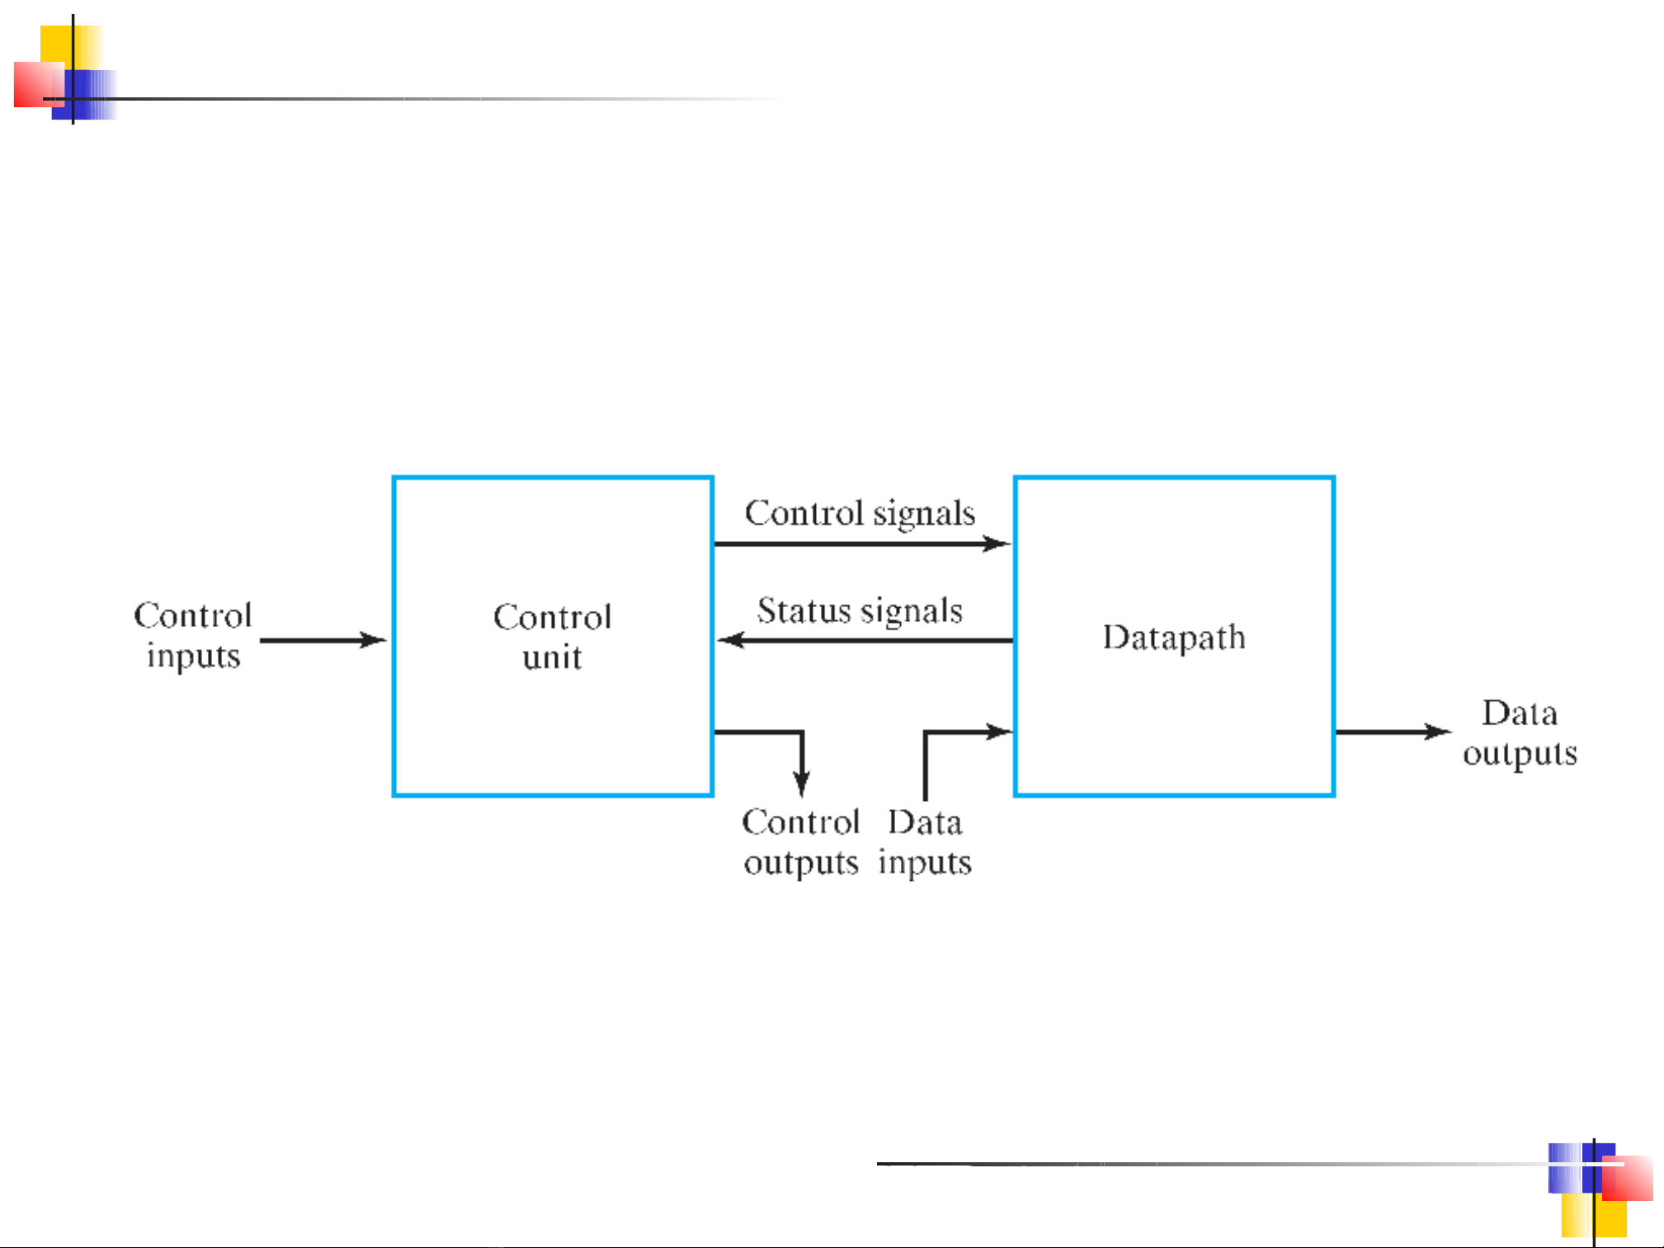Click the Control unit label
(552, 637)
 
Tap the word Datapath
(1173, 638)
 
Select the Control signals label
(860, 513)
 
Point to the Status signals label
(860, 611)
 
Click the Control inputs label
(193, 636)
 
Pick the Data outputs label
(1520, 732)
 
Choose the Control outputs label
(800, 842)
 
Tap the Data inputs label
(925, 842)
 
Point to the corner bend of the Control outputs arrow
(802, 732)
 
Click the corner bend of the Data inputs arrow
(925, 732)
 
